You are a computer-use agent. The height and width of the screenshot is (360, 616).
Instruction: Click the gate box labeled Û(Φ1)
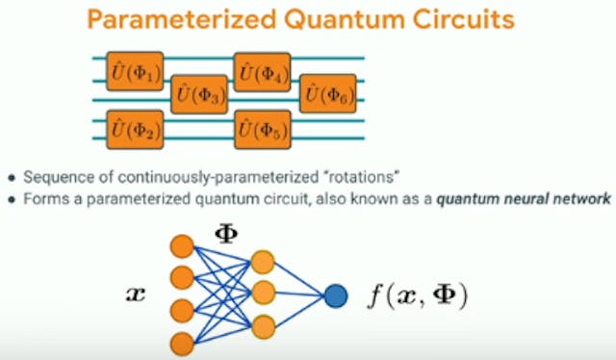click(x=133, y=71)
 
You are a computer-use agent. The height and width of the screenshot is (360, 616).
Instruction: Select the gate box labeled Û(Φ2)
click(x=133, y=129)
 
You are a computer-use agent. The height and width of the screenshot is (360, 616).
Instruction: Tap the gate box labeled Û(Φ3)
click(x=198, y=95)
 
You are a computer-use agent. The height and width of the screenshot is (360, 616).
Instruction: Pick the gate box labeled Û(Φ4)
click(x=262, y=71)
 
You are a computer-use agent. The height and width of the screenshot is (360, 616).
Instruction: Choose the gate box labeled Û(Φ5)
click(x=262, y=129)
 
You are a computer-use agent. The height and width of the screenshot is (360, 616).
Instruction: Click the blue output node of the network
click(x=335, y=295)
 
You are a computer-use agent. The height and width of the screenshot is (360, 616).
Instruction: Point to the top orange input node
click(x=181, y=246)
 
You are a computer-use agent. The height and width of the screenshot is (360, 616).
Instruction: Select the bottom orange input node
click(x=181, y=343)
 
